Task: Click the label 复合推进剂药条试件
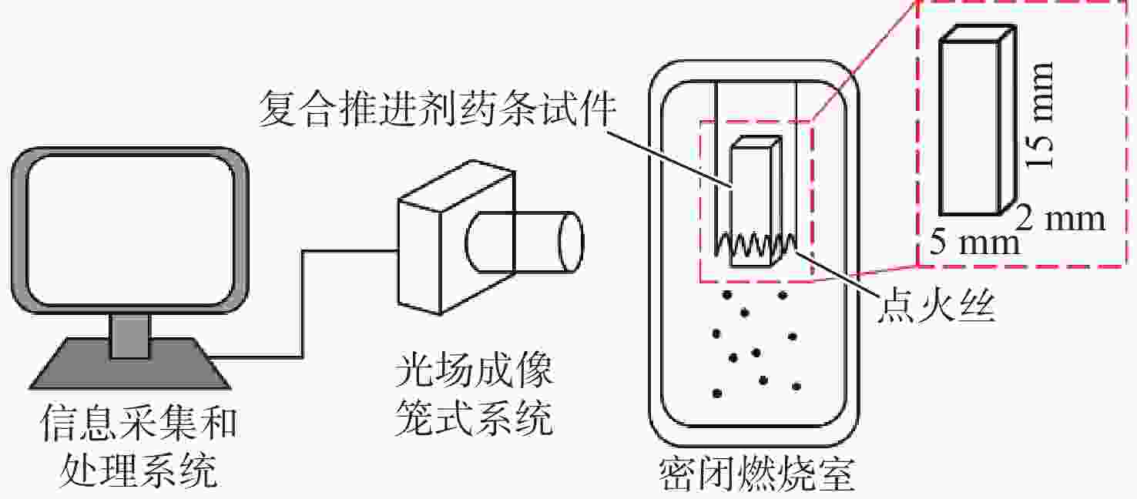437,110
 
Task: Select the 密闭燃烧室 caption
757,474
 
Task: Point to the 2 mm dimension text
1061,220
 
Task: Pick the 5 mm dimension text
974,243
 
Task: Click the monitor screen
129,232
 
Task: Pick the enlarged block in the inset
969,123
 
